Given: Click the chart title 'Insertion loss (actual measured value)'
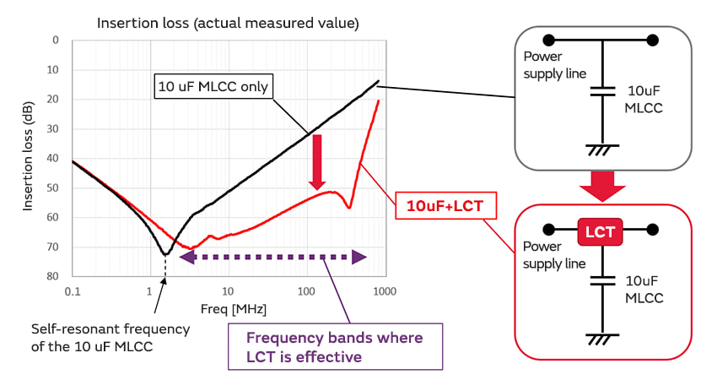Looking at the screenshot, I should pos(228,23).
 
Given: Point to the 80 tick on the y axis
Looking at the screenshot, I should pos(53,276).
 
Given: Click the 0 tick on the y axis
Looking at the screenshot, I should pos(56,40).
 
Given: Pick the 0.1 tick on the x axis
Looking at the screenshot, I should pos(73,291).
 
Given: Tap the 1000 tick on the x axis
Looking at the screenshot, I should pos(384,291).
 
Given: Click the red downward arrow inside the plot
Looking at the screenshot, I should pos(317,161).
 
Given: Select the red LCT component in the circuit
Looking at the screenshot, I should pos(600,229).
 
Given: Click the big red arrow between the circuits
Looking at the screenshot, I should pos(603,184).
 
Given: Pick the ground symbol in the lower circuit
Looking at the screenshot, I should pos(601,339).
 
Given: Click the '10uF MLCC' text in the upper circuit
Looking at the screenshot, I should pos(644,99).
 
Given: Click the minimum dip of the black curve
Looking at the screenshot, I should pos(165,253).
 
